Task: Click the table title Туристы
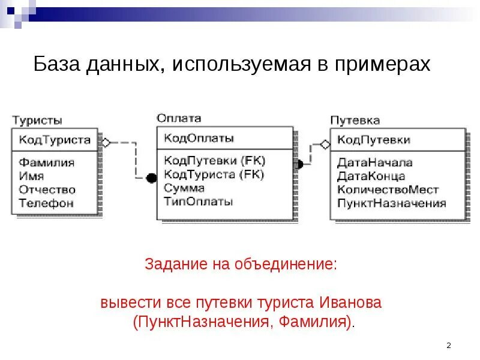coord(37,120)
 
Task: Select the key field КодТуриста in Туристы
coord(55,140)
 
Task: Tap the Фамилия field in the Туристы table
coord(47,163)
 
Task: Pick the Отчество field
coord(47,190)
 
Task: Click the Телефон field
coord(46,203)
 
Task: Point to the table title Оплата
coord(179,118)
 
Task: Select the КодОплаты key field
coord(199,138)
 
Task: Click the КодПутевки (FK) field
coord(214,161)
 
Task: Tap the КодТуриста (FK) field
coord(214,175)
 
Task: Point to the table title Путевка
coord(355,120)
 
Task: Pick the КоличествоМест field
coord(388,190)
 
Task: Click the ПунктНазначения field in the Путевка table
coord(392,203)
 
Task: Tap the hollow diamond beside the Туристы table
coord(106,143)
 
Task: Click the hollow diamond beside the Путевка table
coord(325,144)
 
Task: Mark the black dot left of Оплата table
coord(151,177)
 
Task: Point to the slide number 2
coord(449,346)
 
